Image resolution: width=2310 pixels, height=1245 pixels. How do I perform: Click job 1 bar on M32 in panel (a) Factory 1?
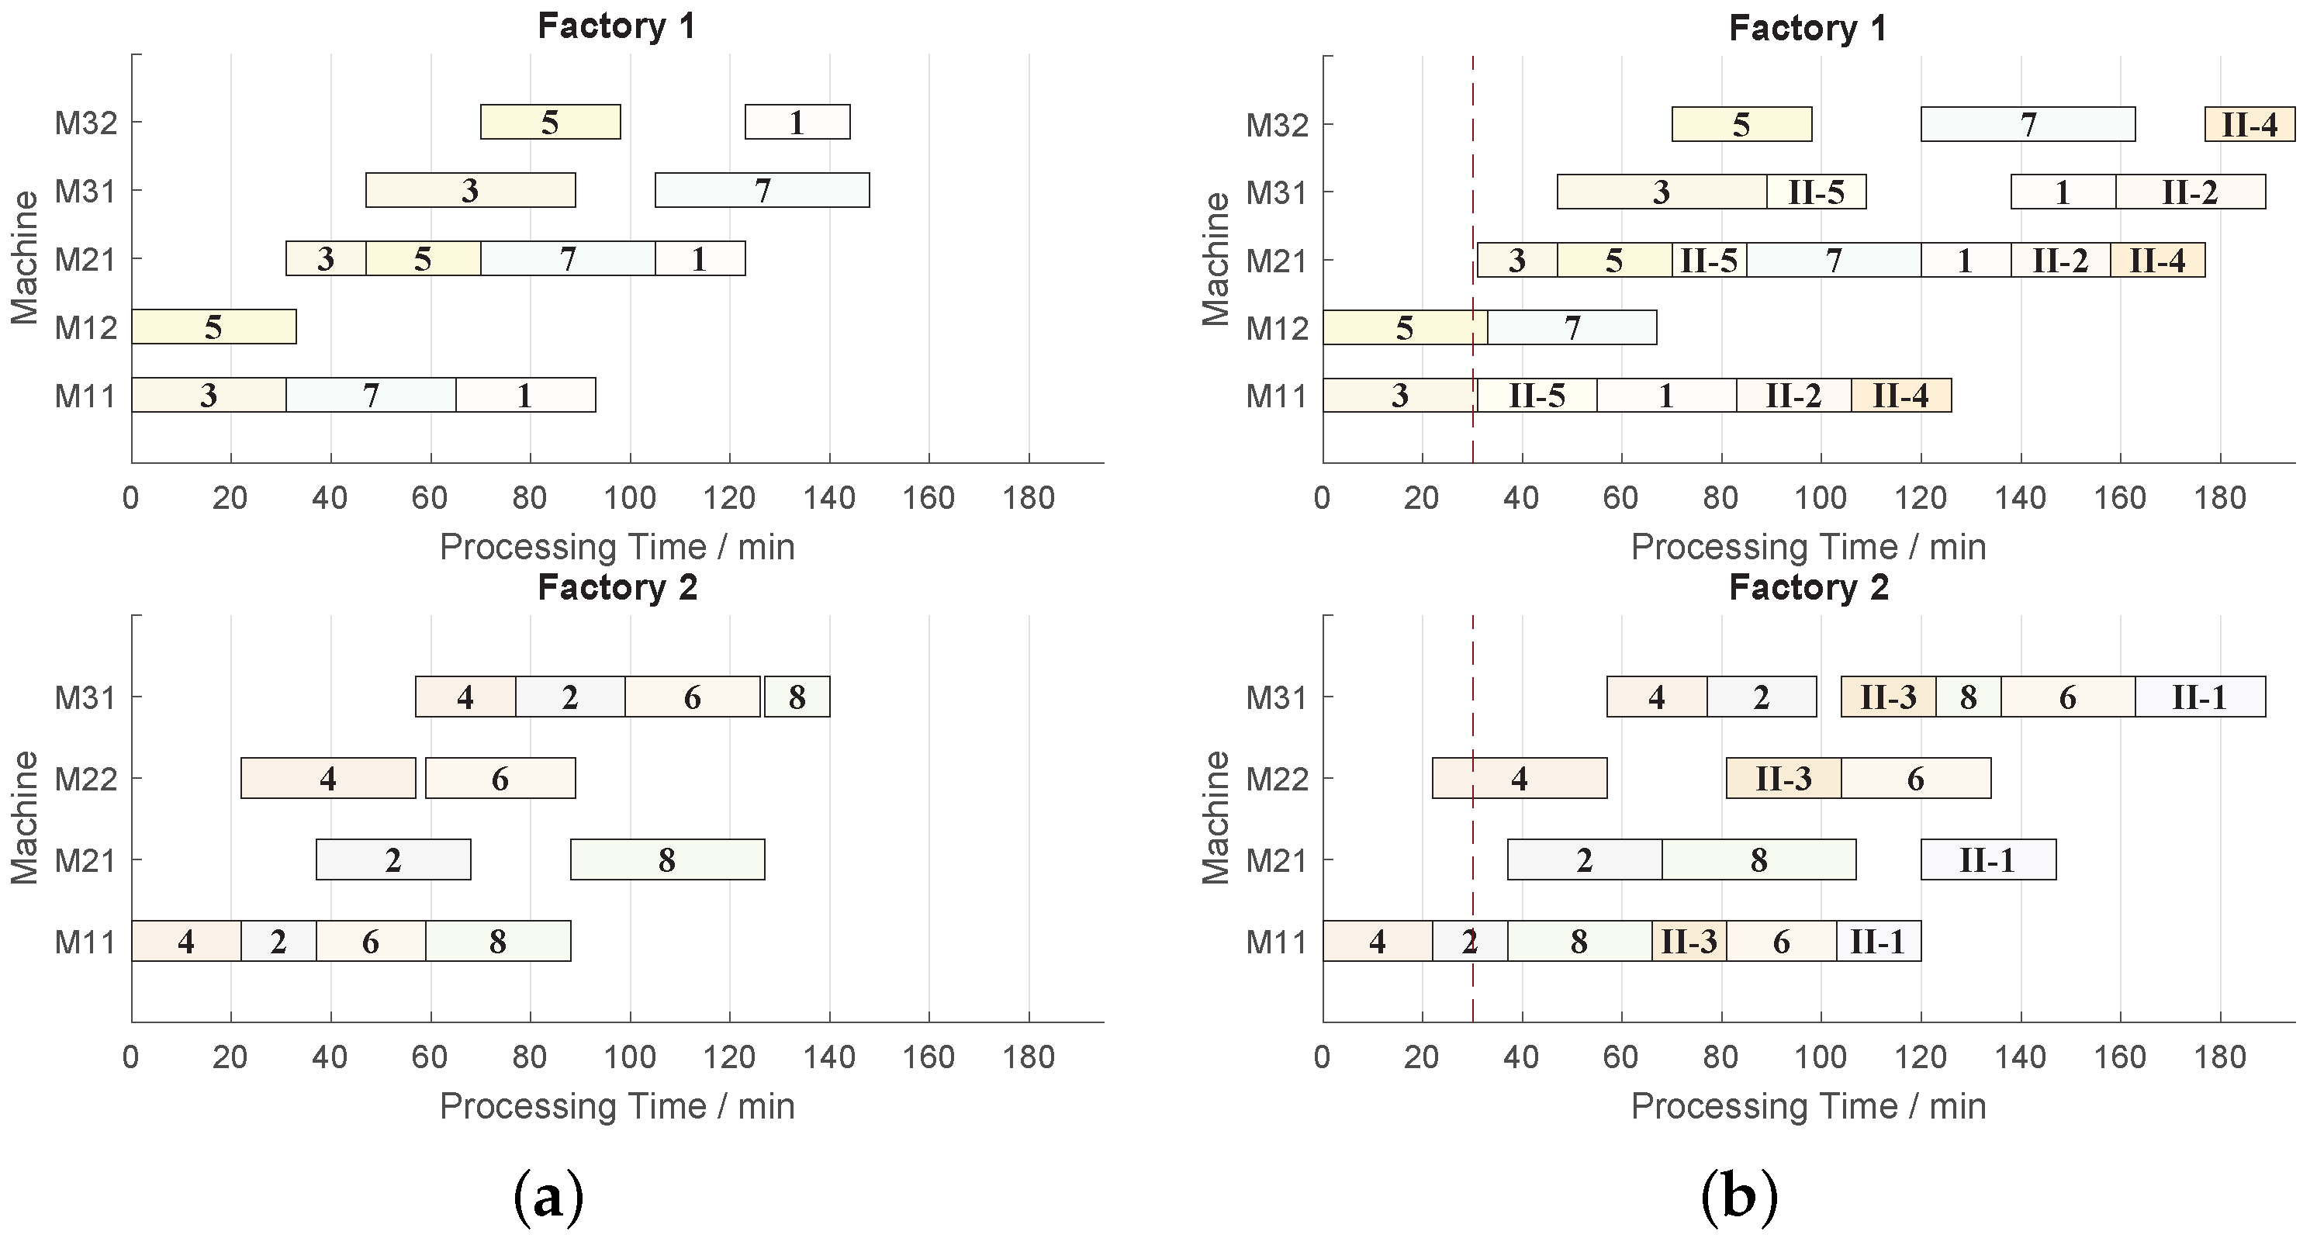point(797,122)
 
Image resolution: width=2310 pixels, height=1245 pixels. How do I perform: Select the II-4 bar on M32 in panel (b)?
point(2249,124)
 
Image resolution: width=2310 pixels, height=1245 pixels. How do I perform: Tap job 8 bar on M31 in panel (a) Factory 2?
point(797,697)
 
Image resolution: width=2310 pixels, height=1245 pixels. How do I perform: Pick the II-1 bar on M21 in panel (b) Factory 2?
point(1988,860)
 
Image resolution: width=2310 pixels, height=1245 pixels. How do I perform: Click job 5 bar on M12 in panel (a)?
point(213,327)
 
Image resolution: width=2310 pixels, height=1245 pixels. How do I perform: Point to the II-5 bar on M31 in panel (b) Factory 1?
point(1816,192)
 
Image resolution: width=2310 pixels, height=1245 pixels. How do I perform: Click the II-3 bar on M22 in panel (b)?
point(1783,779)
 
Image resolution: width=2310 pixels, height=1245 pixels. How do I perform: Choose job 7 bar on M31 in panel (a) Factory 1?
point(763,190)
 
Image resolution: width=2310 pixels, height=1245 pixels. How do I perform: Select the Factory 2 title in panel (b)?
point(1809,587)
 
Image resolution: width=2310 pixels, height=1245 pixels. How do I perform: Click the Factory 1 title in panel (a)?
point(617,26)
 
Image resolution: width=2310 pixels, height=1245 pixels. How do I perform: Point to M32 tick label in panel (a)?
point(86,123)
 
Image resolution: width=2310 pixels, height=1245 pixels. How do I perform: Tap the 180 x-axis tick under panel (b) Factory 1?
point(2219,497)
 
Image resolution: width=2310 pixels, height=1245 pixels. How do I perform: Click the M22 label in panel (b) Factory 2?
point(1277,779)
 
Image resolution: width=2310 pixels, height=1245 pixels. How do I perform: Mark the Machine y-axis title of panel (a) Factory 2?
point(25,817)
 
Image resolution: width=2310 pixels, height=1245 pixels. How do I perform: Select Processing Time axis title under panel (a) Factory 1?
point(617,546)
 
